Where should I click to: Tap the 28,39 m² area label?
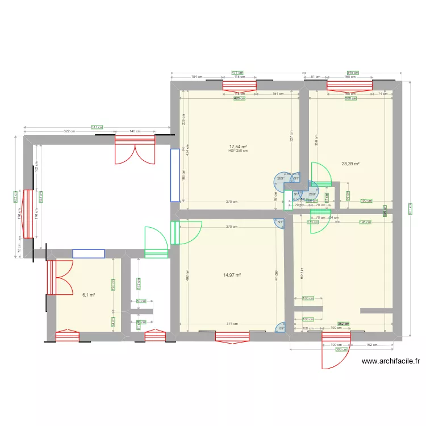[350, 164]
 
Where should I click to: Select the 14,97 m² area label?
[232, 275]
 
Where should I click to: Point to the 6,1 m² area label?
[88, 295]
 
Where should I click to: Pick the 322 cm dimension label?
[70, 131]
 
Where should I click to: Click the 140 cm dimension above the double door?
[135, 131]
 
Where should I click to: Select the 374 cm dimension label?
[232, 324]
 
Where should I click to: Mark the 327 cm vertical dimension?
[291, 137]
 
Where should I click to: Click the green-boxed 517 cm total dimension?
[97, 127]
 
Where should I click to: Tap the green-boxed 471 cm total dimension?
[237, 73]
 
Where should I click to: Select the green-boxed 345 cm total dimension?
[352, 73]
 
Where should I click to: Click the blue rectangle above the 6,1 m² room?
[88, 253]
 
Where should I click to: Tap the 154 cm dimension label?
[278, 94]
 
